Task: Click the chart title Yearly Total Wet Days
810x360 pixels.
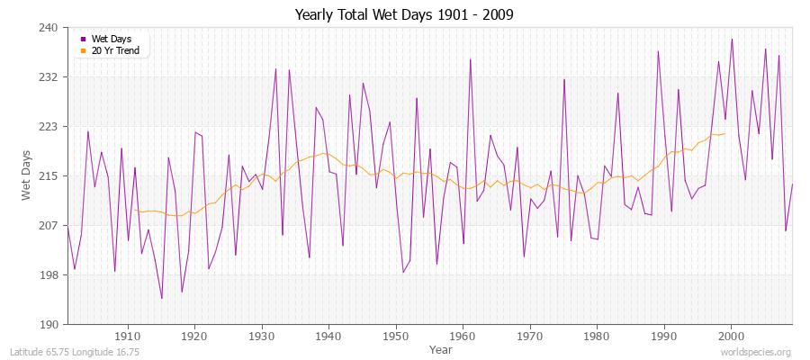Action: (x=404, y=15)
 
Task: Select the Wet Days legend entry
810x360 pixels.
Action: (x=111, y=39)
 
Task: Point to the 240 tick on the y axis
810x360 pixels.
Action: (x=49, y=28)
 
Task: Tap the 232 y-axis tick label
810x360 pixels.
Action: (x=49, y=77)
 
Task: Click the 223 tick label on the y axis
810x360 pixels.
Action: (x=49, y=127)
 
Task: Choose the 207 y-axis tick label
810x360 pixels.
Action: (x=49, y=225)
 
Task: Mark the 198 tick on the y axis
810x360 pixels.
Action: (x=49, y=274)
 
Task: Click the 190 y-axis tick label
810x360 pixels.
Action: (x=49, y=324)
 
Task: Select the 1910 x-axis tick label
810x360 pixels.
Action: (x=128, y=337)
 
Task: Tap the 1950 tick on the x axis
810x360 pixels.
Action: (x=396, y=337)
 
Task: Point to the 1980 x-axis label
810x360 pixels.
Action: (x=598, y=337)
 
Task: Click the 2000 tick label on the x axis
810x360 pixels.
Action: (x=732, y=337)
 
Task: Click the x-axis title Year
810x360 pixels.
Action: (x=441, y=348)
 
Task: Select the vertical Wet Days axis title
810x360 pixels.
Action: (x=27, y=175)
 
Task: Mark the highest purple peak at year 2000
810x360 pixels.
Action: (x=732, y=39)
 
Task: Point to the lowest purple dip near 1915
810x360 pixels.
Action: (x=162, y=298)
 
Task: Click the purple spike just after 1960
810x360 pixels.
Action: (x=470, y=59)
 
